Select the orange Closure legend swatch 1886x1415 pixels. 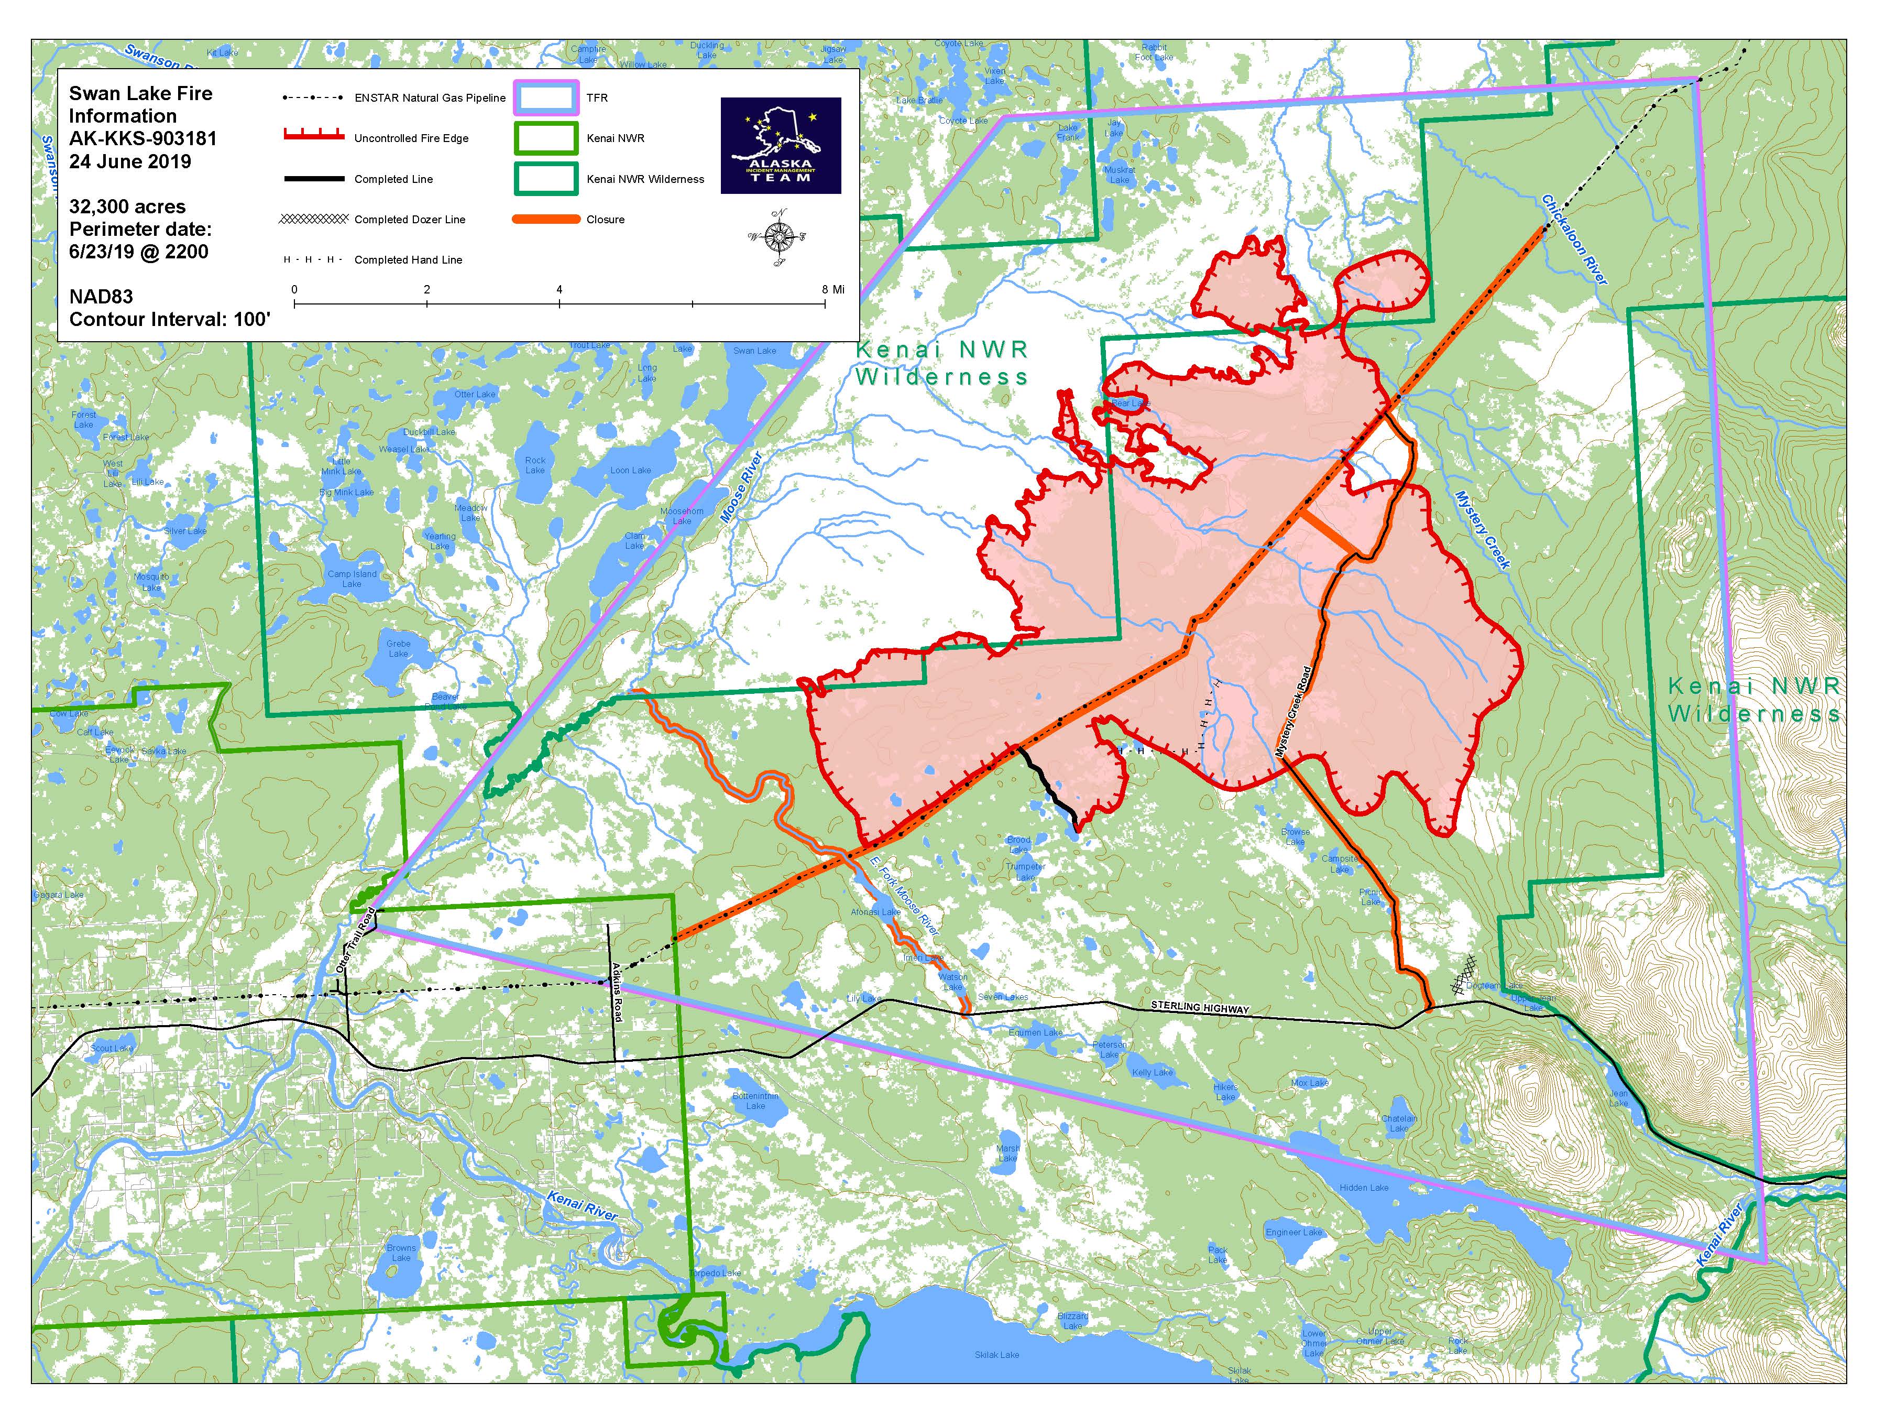point(546,219)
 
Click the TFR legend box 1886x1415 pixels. point(546,98)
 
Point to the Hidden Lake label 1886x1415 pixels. point(1364,1187)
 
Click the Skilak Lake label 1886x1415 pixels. point(997,1354)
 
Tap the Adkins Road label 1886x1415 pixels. point(617,991)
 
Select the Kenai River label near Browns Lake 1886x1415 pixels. point(583,1206)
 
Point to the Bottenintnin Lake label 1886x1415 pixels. point(755,1100)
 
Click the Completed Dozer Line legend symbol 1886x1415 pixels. point(314,219)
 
